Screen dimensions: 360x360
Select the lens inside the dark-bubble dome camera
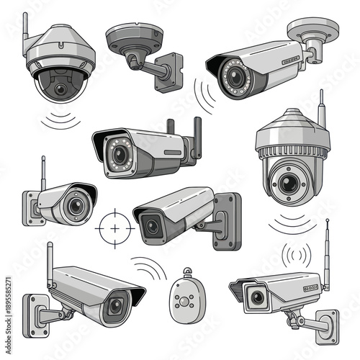60,89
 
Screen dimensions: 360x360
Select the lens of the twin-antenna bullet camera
118,154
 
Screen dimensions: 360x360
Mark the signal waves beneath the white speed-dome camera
291,222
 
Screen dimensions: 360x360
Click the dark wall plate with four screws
226,219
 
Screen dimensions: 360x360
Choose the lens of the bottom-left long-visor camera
114,307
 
